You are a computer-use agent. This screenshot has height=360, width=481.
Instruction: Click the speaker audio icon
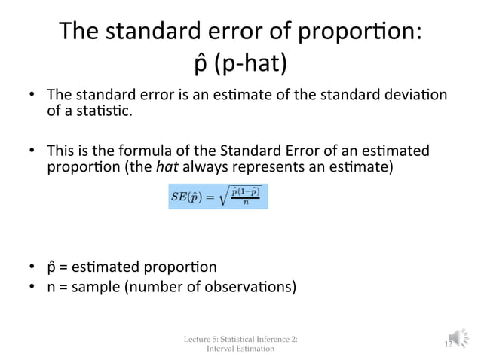(x=461, y=340)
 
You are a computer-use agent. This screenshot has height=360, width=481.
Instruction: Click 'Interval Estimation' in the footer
(x=240, y=349)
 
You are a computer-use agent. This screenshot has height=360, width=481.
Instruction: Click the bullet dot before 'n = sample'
(x=32, y=287)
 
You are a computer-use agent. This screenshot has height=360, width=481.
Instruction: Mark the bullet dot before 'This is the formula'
(x=32, y=150)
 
